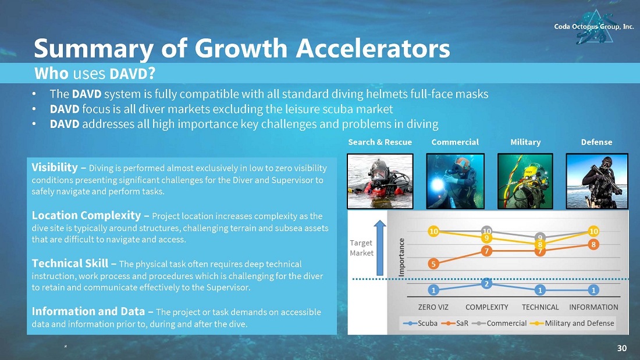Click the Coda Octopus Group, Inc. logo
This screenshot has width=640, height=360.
[x=594, y=27]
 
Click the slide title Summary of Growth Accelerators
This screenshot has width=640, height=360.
[x=242, y=48]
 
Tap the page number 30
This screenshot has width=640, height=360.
[x=621, y=348]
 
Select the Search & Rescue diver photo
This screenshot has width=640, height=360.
[x=380, y=181]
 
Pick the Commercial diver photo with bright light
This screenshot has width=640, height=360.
[x=455, y=181]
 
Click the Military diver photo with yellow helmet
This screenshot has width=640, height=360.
[x=525, y=181]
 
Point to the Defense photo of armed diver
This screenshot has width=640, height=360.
[x=597, y=181]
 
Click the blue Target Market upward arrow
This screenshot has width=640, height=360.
[x=380, y=248]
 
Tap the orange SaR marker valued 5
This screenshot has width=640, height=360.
[x=433, y=264]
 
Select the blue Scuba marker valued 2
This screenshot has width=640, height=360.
[x=486, y=284]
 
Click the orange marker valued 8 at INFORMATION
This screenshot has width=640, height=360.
[x=593, y=244]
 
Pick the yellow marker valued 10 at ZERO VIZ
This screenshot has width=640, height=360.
[x=433, y=231]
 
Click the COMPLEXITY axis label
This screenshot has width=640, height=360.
[x=486, y=307]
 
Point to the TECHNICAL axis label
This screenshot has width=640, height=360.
[x=540, y=307]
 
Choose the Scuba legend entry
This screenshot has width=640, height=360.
[x=421, y=323]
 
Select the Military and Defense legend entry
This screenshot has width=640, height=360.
[x=572, y=323]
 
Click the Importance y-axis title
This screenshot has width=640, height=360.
[x=401, y=258]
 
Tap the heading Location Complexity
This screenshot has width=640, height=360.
[x=86, y=216]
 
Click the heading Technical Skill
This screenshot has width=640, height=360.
[x=70, y=263]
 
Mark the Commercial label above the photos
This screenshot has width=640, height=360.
[x=455, y=142]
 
